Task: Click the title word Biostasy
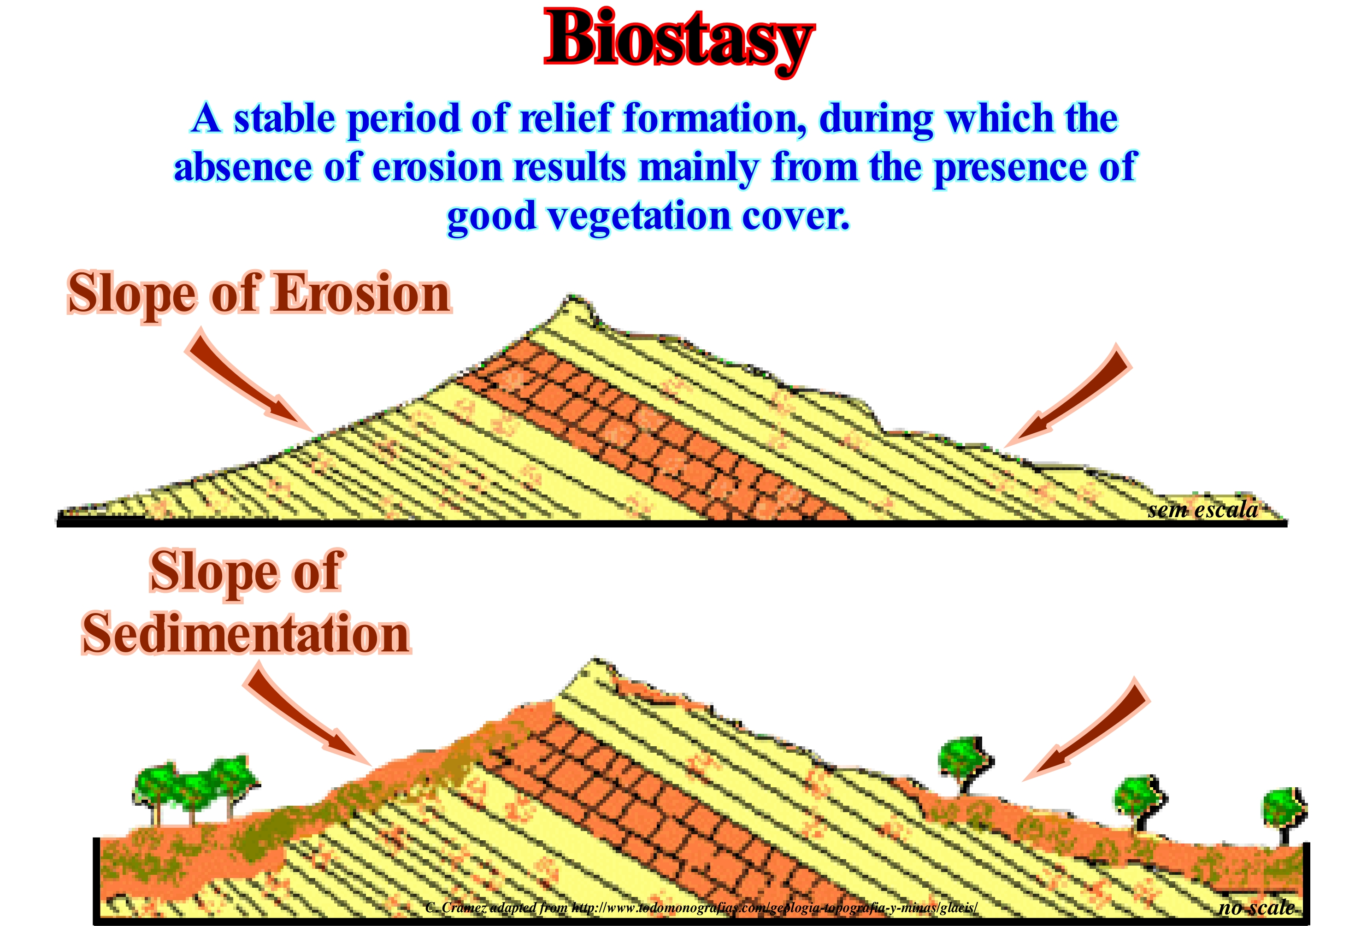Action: tap(679, 41)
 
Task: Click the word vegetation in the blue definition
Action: tap(640, 217)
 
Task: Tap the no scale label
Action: tap(1256, 907)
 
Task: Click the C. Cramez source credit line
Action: tap(701, 908)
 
